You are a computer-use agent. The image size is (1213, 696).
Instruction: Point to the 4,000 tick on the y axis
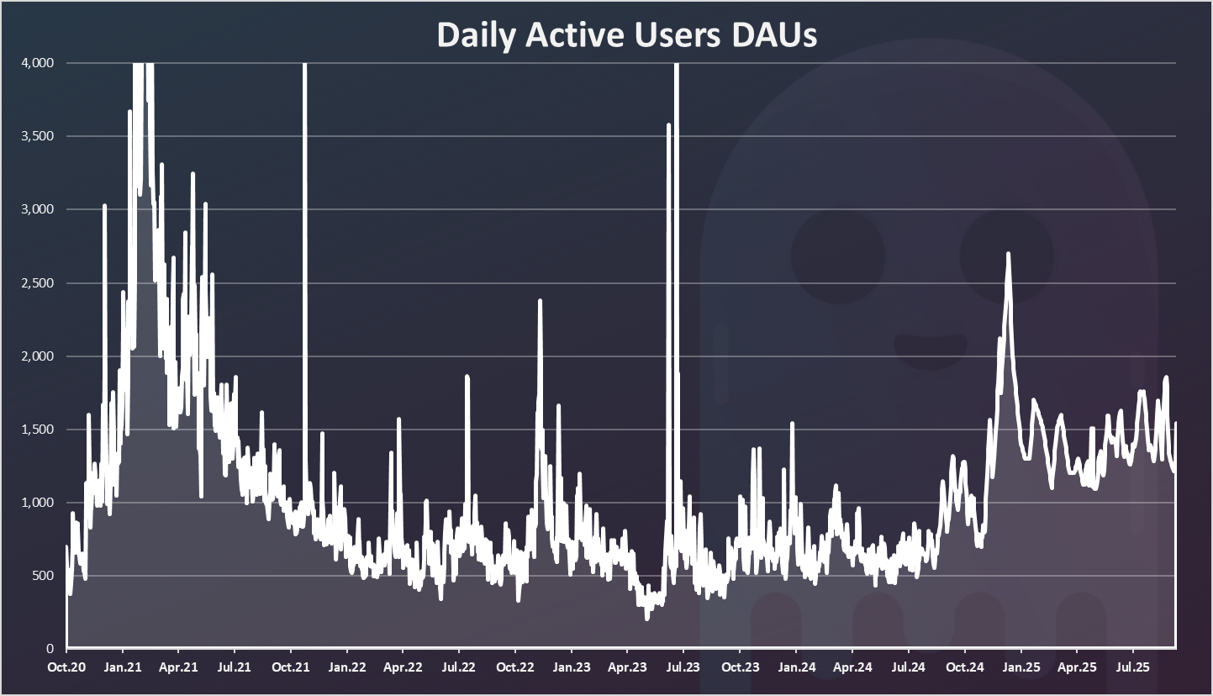[x=39, y=63]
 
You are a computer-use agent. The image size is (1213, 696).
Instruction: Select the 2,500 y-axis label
[x=39, y=283]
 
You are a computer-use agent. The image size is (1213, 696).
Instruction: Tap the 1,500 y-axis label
[x=39, y=430]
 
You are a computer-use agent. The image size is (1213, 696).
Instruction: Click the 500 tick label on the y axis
[x=44, y=576]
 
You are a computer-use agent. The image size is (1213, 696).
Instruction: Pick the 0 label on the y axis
[x=51, y=649]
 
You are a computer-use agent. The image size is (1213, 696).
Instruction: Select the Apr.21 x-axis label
[x=178, y=668]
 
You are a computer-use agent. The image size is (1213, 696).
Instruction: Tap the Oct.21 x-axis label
[x=290, y=668]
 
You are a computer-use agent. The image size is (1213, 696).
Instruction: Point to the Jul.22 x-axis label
[x=458, y=668]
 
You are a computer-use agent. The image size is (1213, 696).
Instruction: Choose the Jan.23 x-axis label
[x=571, y=668]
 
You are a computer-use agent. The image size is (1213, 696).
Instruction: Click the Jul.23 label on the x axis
[x=683, y=668]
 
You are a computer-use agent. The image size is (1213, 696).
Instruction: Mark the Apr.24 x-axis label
[x=852, y=668]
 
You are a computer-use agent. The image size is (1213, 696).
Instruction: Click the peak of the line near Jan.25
[x=1008, y=254]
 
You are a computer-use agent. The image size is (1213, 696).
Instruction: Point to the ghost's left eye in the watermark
[x=837, y=256]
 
